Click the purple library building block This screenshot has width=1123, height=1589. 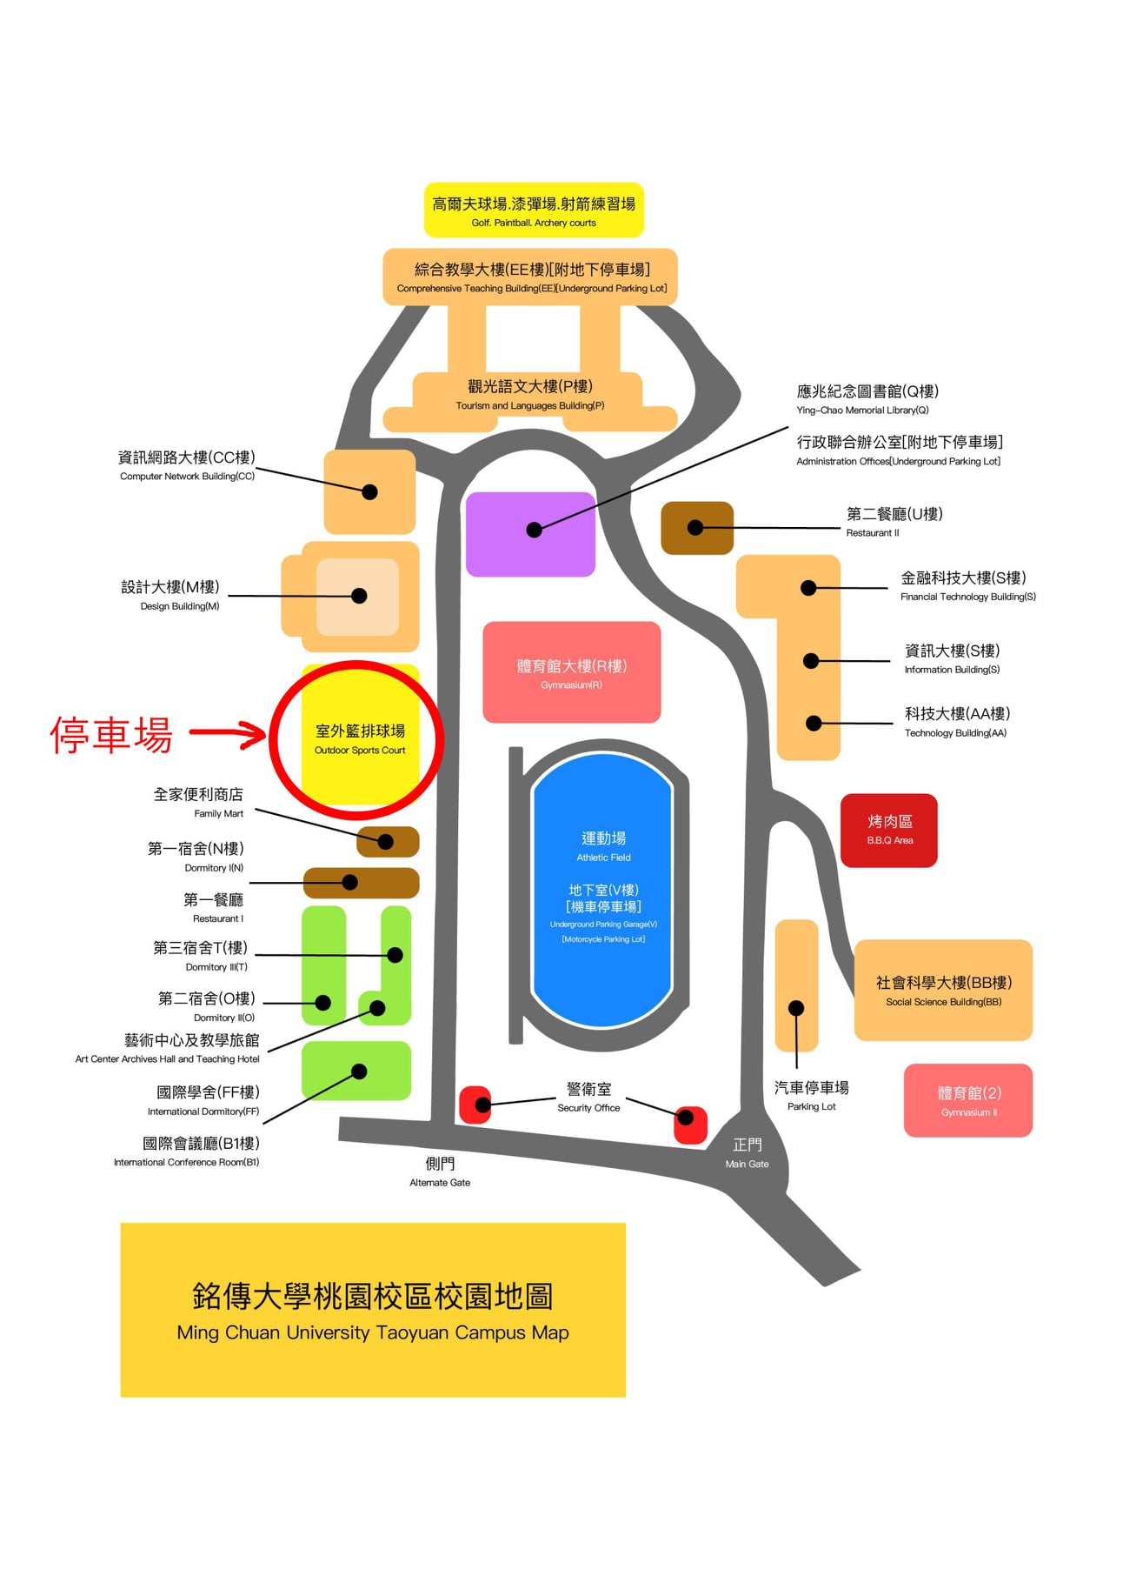530,534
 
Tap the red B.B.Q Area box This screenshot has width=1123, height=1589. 888,831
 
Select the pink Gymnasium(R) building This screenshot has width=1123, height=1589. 571,672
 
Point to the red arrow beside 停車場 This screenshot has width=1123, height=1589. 228,734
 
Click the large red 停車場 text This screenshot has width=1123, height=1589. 111,735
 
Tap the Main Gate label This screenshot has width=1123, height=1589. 747,1153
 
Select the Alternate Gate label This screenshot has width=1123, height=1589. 440,1172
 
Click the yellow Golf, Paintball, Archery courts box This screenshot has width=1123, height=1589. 534,210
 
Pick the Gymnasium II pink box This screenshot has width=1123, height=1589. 968,1100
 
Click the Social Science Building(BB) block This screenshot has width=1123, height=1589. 943,990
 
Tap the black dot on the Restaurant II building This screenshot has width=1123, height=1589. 695,527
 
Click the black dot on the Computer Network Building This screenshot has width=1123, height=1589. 369,492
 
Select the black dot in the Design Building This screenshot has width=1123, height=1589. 359,596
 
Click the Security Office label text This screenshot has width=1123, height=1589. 588,1098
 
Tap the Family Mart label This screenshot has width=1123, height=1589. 198,803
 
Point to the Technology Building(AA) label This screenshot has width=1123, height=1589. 956,722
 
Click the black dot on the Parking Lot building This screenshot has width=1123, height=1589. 796,1008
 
